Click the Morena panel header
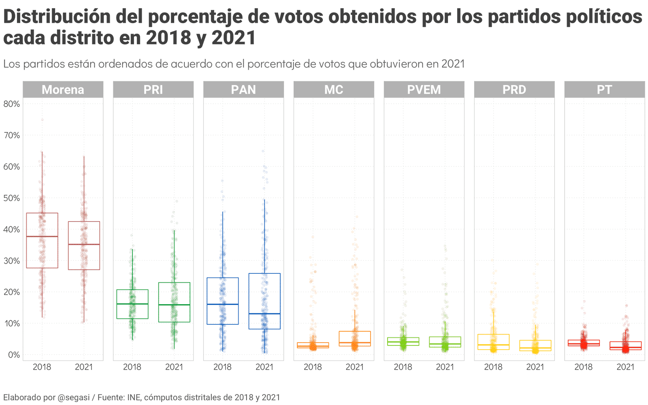coord(63,90)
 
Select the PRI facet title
coord(153,90)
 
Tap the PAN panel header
coord(243,90)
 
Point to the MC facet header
coord(334,90)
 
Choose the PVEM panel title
coord(424,90)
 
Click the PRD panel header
coord(514,90)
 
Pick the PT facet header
coord(604,90)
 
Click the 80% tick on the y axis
coord(12,104)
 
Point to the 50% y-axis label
coord(12,198)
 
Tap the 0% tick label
coord(14,355)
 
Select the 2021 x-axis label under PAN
coord(264,367)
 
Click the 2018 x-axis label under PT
coord(584,367)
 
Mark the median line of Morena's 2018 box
coord(42,236)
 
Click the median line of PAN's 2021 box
coord(264,313)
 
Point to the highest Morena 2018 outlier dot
coord(42,120)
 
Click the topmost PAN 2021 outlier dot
coord(263,151)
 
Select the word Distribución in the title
coord(57,17)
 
